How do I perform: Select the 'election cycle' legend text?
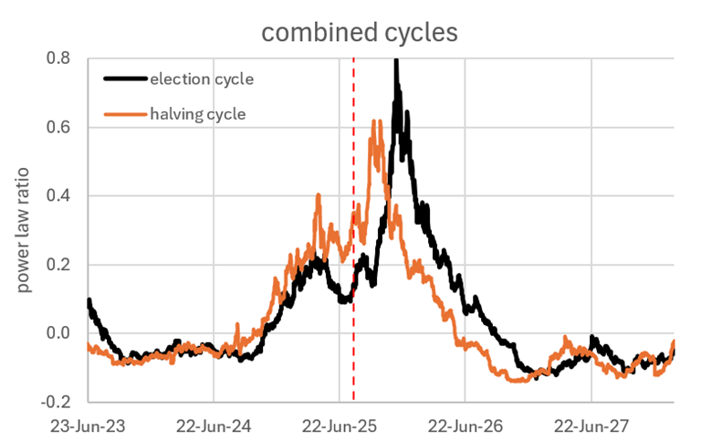click(203, 79)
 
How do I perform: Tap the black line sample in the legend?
click(126, 79)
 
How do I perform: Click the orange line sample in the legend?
click(126, 113)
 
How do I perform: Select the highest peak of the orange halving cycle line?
click(375, 121)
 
